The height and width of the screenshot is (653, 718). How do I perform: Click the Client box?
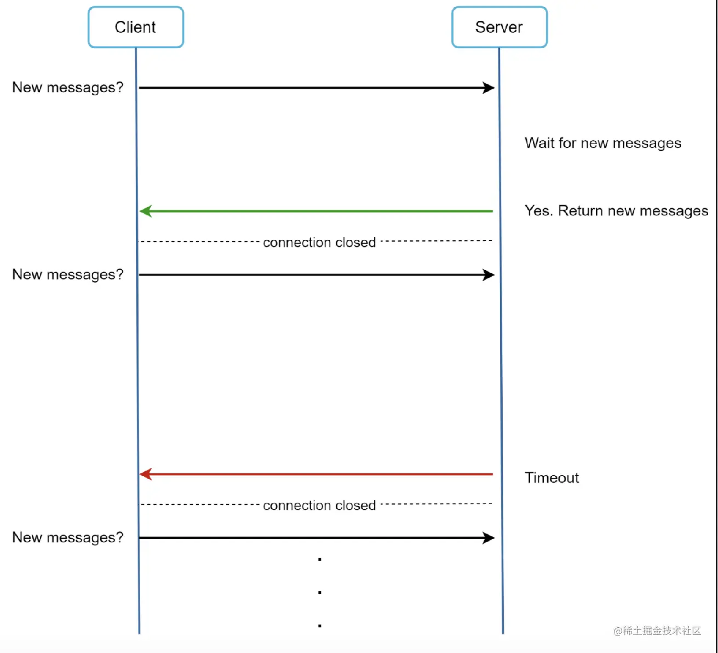tap(136, 27)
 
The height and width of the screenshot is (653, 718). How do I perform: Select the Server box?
tap(499, 27)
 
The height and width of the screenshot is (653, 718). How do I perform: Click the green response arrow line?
tap(316, 211)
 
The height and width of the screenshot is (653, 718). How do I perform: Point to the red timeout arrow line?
tap(316, 474)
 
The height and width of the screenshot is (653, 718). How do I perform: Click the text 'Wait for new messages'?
tap(603, 143)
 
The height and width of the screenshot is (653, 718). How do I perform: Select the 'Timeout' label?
tap(552, 478)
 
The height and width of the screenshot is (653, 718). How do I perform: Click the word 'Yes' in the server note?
tap(538, 211)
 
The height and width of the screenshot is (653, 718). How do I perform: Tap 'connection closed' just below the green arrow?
tap(319, 242)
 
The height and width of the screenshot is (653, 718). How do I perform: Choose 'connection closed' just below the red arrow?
tap(319, 506)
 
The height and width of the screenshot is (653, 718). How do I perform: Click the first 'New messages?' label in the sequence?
tap(68, 88)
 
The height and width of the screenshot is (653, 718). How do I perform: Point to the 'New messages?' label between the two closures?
tap(68, 275)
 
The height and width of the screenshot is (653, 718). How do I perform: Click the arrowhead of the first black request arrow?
tap(489, 88)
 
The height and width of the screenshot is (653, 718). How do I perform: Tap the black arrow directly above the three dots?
tap(317, 538)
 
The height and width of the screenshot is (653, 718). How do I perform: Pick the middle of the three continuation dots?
tap(320, 593)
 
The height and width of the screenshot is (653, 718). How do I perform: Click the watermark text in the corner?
tap(657, 631)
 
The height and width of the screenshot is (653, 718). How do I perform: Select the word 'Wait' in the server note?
tap(539, 143)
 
